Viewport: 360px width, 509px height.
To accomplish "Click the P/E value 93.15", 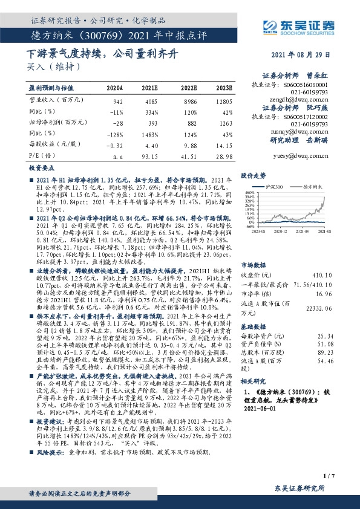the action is click(x=149, y=155).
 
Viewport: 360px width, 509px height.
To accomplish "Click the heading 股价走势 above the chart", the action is click(x=254, y=175).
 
